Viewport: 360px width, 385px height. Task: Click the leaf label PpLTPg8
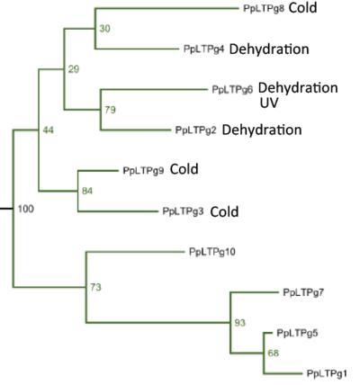tap(264, 9)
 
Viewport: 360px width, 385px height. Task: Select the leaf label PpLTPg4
tap(204, 49)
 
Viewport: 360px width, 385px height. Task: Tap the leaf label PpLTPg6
tap(232, 89)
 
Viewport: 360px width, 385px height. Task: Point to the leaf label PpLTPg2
tap(195, 130)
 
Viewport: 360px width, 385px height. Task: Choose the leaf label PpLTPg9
tap(143, 171)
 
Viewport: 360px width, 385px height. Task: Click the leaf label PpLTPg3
tap(183, 211)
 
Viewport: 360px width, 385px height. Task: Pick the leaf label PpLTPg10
tap(212, 252)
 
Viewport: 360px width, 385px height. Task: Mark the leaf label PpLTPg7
tap(303, 292)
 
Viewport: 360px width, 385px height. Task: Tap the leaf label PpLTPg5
tap(297, 333)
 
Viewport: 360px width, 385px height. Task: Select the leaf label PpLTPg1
tap(327, 373)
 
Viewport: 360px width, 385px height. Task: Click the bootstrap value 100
tap(26, 209)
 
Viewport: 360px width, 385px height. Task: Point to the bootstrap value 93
tap(240, 323)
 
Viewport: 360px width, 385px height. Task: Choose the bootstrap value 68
tap(274, 354)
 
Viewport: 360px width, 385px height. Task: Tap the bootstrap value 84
tap(87, 191)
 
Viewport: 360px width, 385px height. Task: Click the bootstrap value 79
tap(110, 110)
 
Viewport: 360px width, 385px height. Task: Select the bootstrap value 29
tap(74, 69)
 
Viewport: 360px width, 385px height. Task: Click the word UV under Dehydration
tap(269, 103)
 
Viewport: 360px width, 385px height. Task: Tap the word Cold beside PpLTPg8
tap(302, 8)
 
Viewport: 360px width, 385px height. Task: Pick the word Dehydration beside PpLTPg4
tap(269, 49)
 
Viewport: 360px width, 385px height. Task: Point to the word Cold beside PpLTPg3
tap(224, 212)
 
